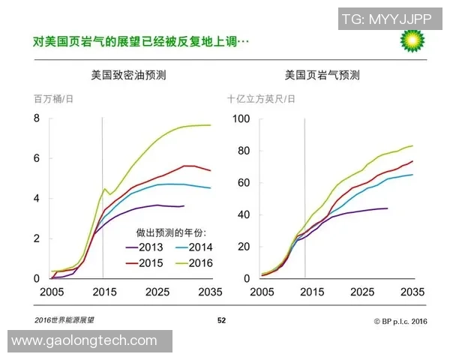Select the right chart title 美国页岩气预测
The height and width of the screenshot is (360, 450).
322,75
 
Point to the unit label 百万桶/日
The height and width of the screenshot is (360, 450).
53,98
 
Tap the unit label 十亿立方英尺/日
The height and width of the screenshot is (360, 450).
261,98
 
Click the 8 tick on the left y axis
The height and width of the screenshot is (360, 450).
36,118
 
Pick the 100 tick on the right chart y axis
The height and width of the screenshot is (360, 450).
241,118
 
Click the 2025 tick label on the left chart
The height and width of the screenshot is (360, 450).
157,291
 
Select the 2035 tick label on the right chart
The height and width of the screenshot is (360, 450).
413,291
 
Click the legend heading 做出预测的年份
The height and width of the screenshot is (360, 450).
171,232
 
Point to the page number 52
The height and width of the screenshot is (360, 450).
221,320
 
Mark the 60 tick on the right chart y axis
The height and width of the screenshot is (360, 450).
244,182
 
